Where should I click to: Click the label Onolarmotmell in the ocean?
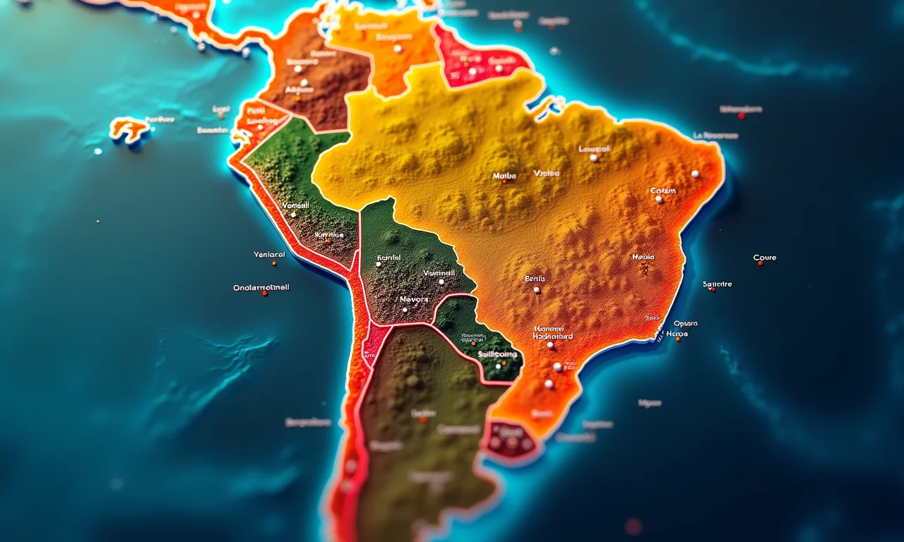pyautogui.click(x=261, y=288)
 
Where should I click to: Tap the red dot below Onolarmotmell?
pyautogui.click(x=265, y=293)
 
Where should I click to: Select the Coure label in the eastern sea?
pyautogui.click(x=765, y=258)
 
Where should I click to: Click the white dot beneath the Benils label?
pyautogui.click(x=537, y=289)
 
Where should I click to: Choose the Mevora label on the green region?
pyautogui.click(x=414, y=299)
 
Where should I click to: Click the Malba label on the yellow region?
pyautogui.click(x=504, y=175)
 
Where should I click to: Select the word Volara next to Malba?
pyautogui.click(x=547, y=173)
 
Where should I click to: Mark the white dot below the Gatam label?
pyautogui.click(x=659, y=200)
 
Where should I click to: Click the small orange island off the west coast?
pyautogui.click(x=129, y=129)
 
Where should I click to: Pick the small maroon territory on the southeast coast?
pyautogui.click(x=510, y=439)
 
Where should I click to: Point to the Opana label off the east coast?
pyautogui.click(x=685, y=323)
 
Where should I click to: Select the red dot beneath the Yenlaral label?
pyautogui.click(x=273, y=263)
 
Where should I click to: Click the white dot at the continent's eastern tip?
pyautogui.click(x=695, y=174)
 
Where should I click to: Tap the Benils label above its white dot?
pyautogui.click(x=535, y=279)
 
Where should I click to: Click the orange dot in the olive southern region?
pyautogui.click(x=422, y=420)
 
